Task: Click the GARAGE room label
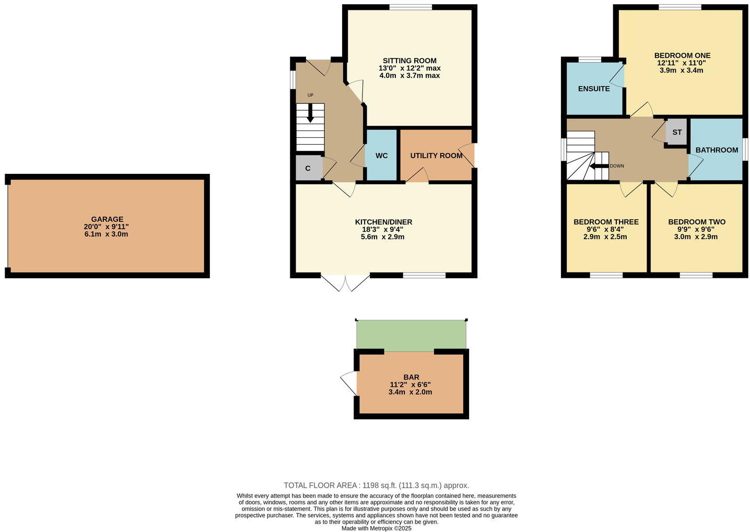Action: tap(107, 219)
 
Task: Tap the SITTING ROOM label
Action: tap(409, 61)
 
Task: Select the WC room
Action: tap(382, 156)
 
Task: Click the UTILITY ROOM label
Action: tap(436, 156)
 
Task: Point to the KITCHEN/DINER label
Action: tap(383, 222)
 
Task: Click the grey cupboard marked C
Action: tap(308, 168)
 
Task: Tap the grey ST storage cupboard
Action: tap(677, 132)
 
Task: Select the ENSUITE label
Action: tap(594, 89)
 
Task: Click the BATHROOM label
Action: tap(717, 150)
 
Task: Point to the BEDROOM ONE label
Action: tap(682, 55)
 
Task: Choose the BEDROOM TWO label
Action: tap(697, 222)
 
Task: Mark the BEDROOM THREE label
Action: tap(606, 222)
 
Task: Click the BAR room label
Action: tap(411, 377)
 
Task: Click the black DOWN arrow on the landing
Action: tap(599, 166)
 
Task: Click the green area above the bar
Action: tap(411, 335)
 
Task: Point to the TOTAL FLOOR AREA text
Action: tap(376, 485)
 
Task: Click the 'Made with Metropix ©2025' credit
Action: tap(376, 528)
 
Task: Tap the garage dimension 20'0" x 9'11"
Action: tap(107, 227)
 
